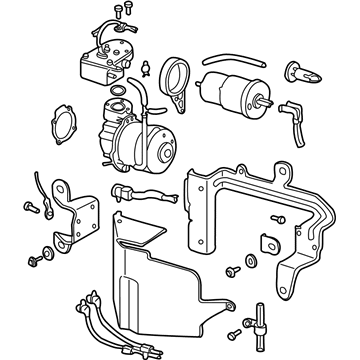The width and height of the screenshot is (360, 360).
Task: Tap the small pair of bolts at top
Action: click(122, 11)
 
